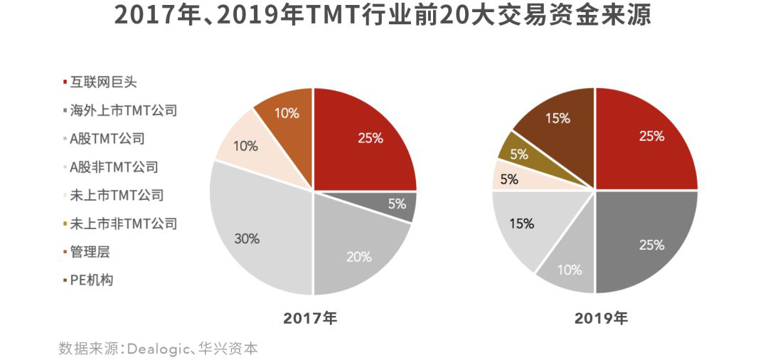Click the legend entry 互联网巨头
click(x=103, y=83)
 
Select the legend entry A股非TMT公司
click(x=114, y=167)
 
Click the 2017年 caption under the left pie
click(x=310, y=319)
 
